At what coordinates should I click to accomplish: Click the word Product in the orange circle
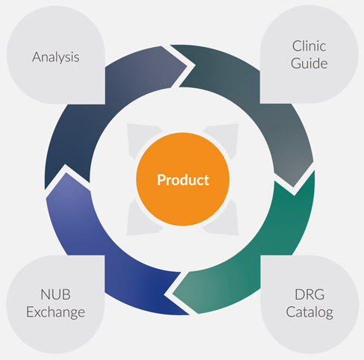[x=183, y=180]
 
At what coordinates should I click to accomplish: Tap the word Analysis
[x=56, y=58]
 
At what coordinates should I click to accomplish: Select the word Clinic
[x=309, y=46]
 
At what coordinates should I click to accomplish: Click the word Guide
[x=309, y=63]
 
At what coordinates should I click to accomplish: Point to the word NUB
[x=55, y=294]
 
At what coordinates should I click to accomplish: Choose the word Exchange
[x=55, y=312]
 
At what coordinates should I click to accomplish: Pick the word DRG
[x=310, y=294]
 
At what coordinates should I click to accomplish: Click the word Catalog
[x=310, y=312]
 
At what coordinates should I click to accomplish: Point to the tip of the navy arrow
[x=186, y=66]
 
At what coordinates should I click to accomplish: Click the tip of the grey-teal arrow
[x=293, y=187]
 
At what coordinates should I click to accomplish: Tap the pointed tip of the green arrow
[x=173, y=294]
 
